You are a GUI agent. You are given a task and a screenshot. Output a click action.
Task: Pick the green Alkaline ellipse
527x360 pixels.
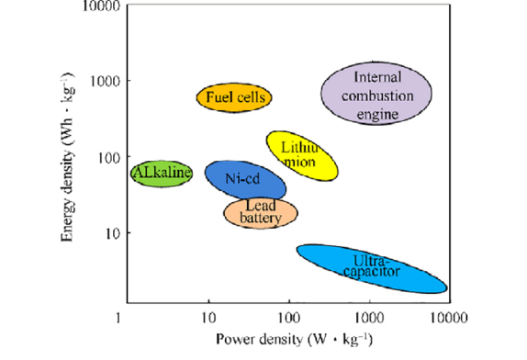[x=161, y=173]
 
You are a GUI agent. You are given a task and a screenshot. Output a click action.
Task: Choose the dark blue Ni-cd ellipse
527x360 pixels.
[x=244, y=180]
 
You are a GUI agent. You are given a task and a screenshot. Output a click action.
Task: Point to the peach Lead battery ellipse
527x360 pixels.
[x=261, y=212]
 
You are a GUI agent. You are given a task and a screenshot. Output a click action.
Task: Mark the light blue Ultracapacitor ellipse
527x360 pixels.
[x=371, y=267]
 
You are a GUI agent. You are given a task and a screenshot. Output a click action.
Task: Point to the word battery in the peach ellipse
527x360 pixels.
[x=260, y=219]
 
